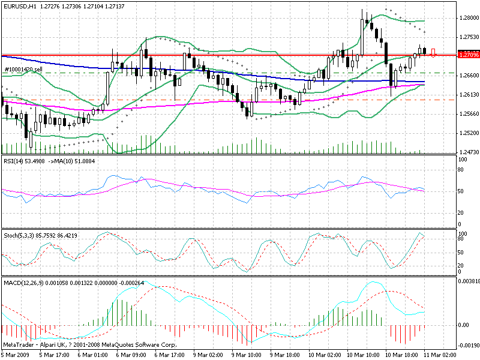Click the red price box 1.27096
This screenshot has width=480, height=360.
click(x=468, y=55)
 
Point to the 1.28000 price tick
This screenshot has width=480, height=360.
click(x=468, y=18)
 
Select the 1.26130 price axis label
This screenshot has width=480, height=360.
click(x=468, y=95)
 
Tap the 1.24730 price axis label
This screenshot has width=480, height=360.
click(x=468, y=152)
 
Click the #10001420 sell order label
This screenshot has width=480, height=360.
click(x=23, y=70)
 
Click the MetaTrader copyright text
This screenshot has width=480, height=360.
click(x=90, y=345)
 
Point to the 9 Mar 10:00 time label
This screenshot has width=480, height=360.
click(x=247, y=355)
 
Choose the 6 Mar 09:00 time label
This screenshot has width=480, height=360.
click(x=131, y=355)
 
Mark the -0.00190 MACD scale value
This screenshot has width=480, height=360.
click(x=468, y=346)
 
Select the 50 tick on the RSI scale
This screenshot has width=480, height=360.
click(x=462, y=191)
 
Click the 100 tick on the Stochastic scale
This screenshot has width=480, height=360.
click(x=463, y=233)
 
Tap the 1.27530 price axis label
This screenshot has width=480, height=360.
click(x=468, y=37)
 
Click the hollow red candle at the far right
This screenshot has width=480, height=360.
click(x=433, y=53)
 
